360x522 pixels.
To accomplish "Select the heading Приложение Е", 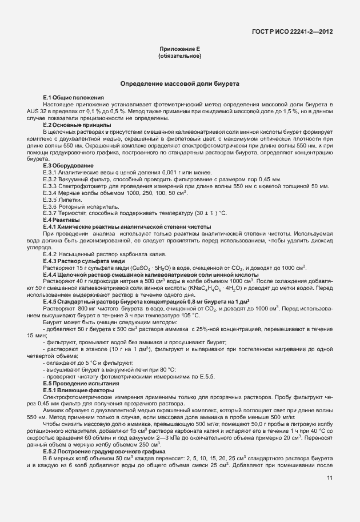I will click(x=179, y=50).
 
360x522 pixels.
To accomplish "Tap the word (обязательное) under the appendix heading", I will click(x=179, y=57).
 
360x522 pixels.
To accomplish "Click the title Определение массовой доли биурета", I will click(x=179, y=84).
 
